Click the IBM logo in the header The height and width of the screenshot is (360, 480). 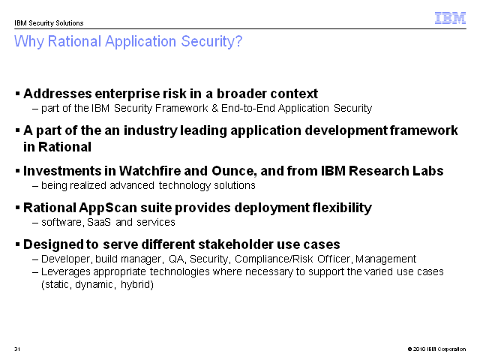pos(450,18)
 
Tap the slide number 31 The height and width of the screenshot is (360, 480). pos(17,349)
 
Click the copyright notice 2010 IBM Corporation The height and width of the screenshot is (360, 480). pos(436,349)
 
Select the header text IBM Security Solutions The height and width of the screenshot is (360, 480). pos(49,23)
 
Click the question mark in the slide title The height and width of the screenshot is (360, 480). pos(238,41)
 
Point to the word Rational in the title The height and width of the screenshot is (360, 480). pos(74,41)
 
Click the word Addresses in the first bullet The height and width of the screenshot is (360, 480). pos(58,94)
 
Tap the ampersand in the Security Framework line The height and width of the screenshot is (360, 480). pos(214,108)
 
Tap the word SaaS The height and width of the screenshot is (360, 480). pos(99,222)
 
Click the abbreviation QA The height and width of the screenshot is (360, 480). pos(177,259)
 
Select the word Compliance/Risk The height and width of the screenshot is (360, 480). pos(274,259)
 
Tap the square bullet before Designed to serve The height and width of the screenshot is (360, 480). pos(17,244)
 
